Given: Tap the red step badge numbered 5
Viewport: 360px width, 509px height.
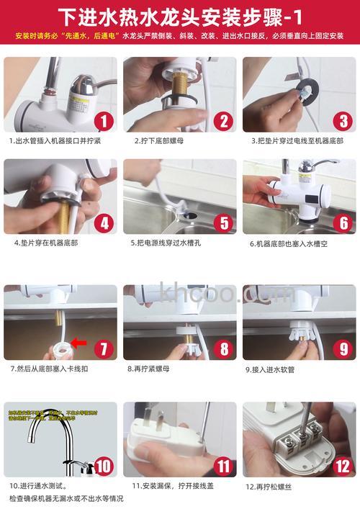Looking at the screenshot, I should [224, 222].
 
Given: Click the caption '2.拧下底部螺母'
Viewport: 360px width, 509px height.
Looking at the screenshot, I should [159, 141].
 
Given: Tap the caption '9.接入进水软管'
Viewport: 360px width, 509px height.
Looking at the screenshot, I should [271, 369].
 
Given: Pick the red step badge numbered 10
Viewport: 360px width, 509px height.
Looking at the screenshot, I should [104, 466].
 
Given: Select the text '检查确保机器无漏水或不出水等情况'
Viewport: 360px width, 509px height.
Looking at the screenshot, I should [66, 498].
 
